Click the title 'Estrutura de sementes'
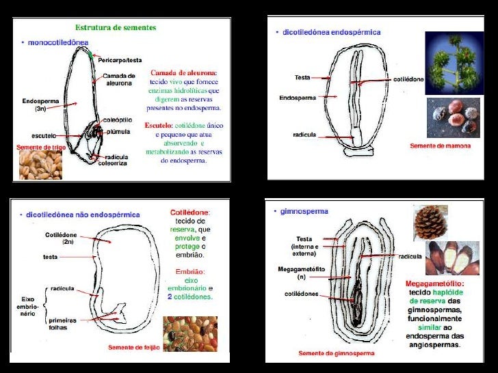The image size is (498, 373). pos(115,28)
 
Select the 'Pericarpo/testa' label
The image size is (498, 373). pos(120,60)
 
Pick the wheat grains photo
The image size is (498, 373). pos(40,165)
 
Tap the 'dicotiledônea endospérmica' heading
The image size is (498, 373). pos(332,31)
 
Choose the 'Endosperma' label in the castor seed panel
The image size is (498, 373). pos(298,98)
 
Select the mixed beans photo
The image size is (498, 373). pos(189,333)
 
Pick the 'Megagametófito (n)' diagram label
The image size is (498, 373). pos(296,273)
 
